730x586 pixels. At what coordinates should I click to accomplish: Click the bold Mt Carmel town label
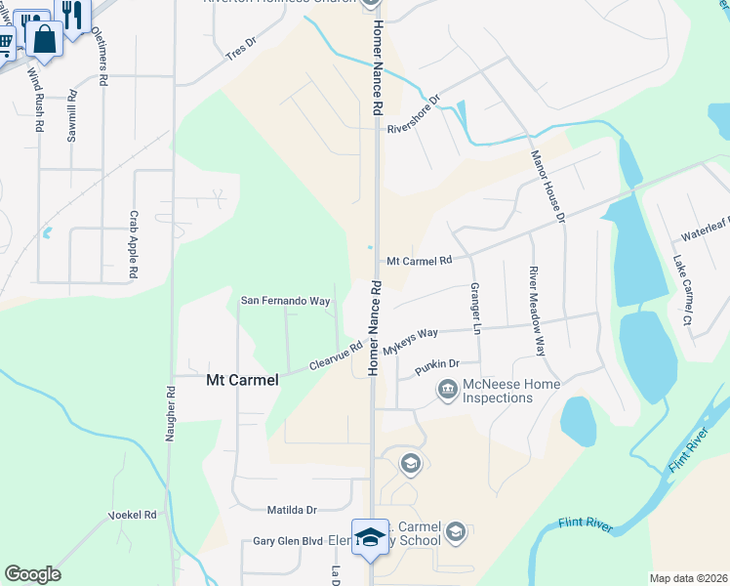point(241,380)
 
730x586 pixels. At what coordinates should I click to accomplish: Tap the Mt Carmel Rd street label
point(420,261)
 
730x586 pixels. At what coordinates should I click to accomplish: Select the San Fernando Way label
point(285,301)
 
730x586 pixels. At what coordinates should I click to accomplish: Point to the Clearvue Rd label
point(336,355)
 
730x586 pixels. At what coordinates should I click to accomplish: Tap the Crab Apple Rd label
point(135,244)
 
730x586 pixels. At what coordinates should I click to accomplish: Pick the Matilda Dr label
point(293,510)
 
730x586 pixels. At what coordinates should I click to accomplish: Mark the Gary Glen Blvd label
point(287,540)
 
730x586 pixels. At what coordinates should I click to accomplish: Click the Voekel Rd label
point(132,515)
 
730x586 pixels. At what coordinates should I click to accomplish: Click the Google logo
point(32,574)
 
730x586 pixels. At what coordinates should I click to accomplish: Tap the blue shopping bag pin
point(44,39)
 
